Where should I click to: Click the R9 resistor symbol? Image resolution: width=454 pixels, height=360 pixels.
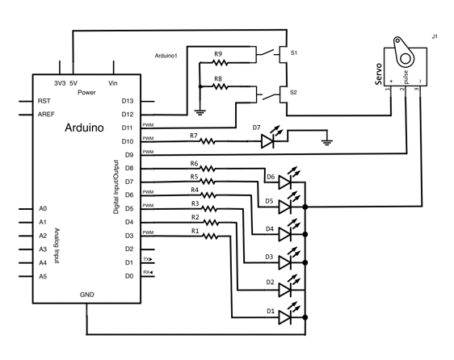(x=220, y=62)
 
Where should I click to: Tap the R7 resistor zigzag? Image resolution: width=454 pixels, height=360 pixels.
(x=208, y=141)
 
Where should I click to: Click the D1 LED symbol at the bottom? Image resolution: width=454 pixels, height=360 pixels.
(x=285, y=317)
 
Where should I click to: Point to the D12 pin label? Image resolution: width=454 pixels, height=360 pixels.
(x=128, y=115)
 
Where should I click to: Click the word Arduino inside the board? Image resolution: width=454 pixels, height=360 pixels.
(x=84, y=128)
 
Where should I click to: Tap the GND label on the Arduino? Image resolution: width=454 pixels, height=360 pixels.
(x=87, y=295)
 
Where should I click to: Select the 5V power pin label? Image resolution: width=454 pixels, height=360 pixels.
(x=74, y=83)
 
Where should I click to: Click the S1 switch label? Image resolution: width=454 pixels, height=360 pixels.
(x=293, y=53)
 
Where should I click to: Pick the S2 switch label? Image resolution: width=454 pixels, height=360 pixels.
(x=293, y=92)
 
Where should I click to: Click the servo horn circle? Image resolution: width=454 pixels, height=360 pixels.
(x=405, y=59)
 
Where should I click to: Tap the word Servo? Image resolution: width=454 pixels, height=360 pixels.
(x=378, y=74)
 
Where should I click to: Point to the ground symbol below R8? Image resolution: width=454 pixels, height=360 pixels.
(x=200, y=112)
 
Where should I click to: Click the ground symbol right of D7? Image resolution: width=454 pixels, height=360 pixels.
(x=327, y=142)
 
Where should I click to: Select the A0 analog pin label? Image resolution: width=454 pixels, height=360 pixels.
(x=43, y=208)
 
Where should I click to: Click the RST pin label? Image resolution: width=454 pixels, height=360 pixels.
(x=44, y=101)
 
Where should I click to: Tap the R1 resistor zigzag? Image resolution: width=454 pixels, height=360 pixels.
(x=210, y=237)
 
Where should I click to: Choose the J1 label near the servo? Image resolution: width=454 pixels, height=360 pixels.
(x=435, y=37)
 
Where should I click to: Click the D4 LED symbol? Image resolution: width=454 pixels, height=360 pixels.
(x=285, y=234)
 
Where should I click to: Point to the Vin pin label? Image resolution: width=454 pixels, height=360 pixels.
(x=113, y=83)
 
